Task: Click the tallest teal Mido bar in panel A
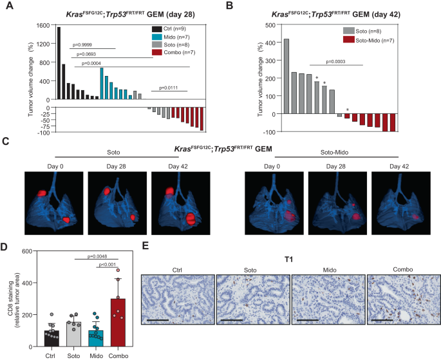click(102, 83)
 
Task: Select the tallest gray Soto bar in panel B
click(286, 76)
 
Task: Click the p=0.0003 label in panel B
click(336, 61)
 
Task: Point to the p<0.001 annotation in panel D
click(106, 264)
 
